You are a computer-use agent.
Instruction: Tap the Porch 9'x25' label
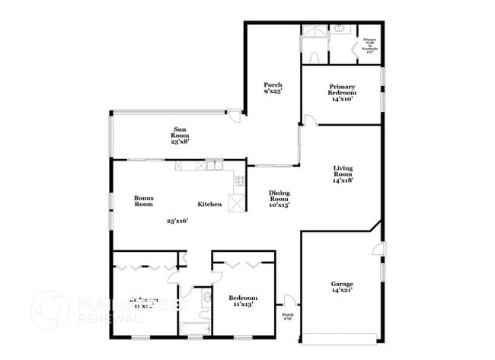coord(273,88)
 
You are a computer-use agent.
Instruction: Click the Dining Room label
coord(279,198)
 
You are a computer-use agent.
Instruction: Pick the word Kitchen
coord(209,204)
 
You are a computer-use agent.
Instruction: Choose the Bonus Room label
coord(144,201)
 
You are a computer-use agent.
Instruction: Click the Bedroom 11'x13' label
coord(244,301)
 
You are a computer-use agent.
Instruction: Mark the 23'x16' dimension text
coord(177,221)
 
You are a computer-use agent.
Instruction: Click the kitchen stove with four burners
coord(240,181)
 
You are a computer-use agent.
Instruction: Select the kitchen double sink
coord(215,164)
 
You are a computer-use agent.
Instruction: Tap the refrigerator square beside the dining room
coord(238,203)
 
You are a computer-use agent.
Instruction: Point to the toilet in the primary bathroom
coord(314,56)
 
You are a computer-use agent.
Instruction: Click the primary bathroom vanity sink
coord(339,30)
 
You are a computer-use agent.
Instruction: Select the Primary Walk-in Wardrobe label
coord(370,44)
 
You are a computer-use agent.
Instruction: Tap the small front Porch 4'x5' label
coord(288,316)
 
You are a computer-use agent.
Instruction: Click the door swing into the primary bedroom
coord(308,120)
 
